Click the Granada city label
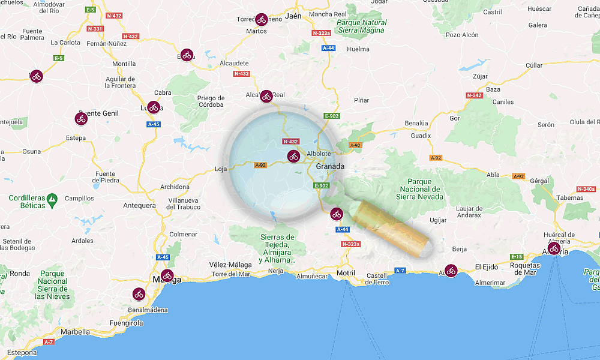pyautogui.click(x=330, y=166)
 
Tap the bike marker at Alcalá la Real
pyautogui.click(x=266, y=96)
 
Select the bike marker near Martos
pyautogui.click(x=260, y=20)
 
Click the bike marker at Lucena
pyautogui.click(x=154, y=107)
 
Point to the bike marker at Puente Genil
pyautogui.click(x=82, y=119)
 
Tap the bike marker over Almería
pyautogui.click(x=554, y=248)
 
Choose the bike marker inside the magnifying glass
pyautogui.click(x=293, y=157)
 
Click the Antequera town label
pyautogui.click(x=139, y=205)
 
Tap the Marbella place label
pyautogui.click(x=75, y=332)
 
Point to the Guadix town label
pyautogui.click(x=421, y=136)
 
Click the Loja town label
pyautogui.click(x=221, y=169)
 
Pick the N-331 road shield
pyautogui.click(x=95, y=28)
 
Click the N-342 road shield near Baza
pyautogui.click(x=474, y=95)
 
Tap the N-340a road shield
pyautogui.click(x=586, y=189)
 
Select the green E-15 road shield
pyautogui.click(x=517, y=256)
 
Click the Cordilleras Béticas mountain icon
pyautogui.click(x=52, y=197)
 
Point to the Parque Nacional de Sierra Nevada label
pyautogui.click(x=421, y=188)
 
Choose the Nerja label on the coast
pyautogui.click(x=275, y=271)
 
